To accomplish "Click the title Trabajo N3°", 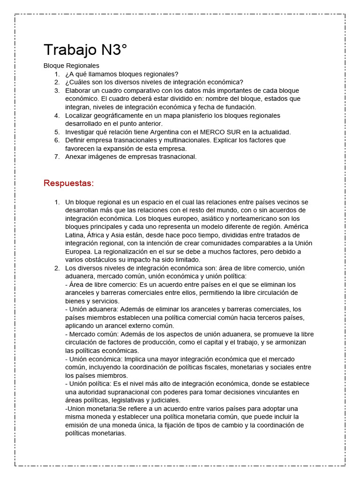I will click(x=85, y=50).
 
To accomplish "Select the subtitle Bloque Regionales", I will click(x=71, y=66).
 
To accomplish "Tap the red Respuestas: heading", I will click(x=69, y=183).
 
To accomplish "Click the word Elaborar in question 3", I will click(x=78, y=90).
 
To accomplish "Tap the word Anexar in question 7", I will click(x=76, y=157).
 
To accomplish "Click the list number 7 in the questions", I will click(x=56, y=157).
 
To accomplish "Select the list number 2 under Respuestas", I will click(x=56, y=268).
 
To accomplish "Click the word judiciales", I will click(x=163, y=400).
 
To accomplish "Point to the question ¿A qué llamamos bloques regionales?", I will click(x=122, y=74).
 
